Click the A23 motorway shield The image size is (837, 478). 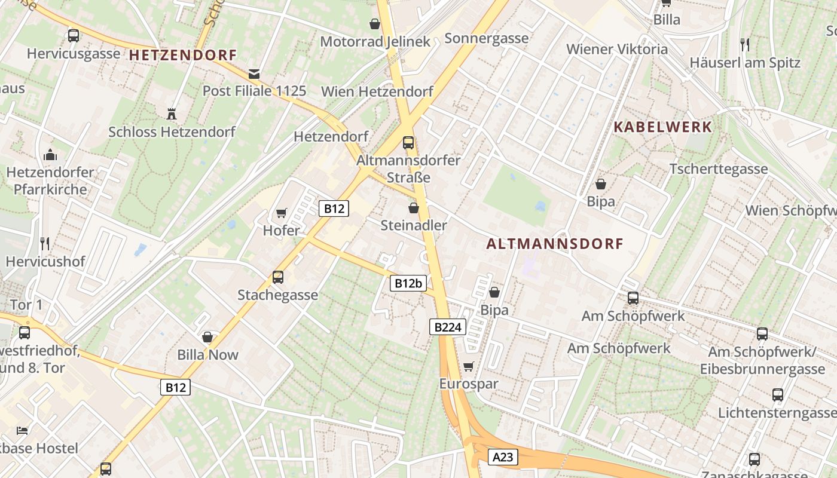point(503,457)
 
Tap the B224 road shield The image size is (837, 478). point(447,327)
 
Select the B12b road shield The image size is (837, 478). point(408,283)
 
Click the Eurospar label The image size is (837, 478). point(469,384)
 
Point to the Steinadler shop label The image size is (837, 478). point(414,225)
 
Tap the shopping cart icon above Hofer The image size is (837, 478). point(281,213)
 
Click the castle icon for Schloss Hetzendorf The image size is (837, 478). point(172,114)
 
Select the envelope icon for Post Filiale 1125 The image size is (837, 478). point(254,73)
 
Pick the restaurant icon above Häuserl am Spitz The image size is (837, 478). point(744,44)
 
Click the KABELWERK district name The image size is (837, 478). point(663,127)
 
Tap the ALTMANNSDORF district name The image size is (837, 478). point(555,244)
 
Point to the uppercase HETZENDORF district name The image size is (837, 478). point(183,55)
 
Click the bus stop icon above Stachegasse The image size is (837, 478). point(278,277)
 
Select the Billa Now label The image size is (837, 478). point(207,354)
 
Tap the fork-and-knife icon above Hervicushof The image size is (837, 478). point(45,243)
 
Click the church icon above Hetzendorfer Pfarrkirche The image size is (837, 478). point(50,155)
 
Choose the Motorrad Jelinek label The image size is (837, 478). point(375,41)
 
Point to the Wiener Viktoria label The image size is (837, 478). point(617,49)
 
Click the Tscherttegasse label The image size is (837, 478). point(719,168)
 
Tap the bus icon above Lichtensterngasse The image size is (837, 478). point(777,394)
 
